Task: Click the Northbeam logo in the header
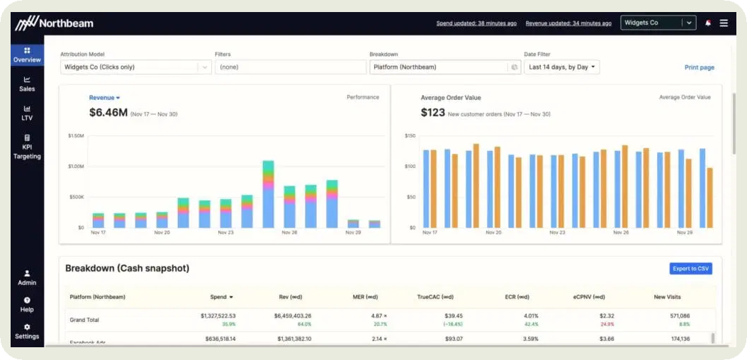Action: pyautogui.click(x=55, y=23)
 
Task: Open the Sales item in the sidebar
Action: pyautogui.click(x=27, y=84)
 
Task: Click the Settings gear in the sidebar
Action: pyautogui.click(x=27, y=331)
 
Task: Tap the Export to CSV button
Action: pyautogui.click(x=690, y=269)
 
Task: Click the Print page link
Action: pyautogui.click(x=699, y=67)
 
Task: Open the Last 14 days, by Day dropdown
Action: pyautogui.click(x=562, y=67)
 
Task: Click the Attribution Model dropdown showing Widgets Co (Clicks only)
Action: pyautogui.click(x=135, y=67)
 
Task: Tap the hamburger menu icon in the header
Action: pyautogui.click(x=724, y=23)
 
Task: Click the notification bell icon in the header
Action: pyautogui.click(x=707, y=23)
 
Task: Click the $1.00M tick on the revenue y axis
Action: pyautogui.click(x=76, y=167)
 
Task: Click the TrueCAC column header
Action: pyautogui.click(x=435, y=297)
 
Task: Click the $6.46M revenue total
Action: pyautogui.click(x=108, y=113)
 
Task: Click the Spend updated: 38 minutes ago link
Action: pyautogui.click(x=476, y=23)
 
